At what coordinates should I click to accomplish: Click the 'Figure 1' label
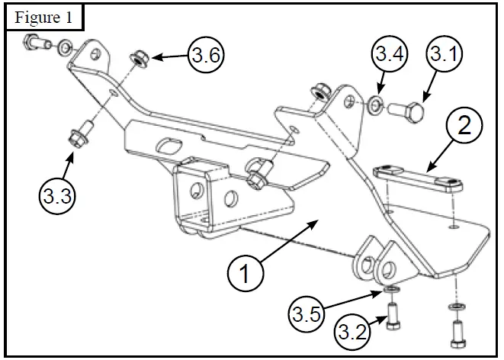(44, 16)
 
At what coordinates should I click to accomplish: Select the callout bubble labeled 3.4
(388, 55)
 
